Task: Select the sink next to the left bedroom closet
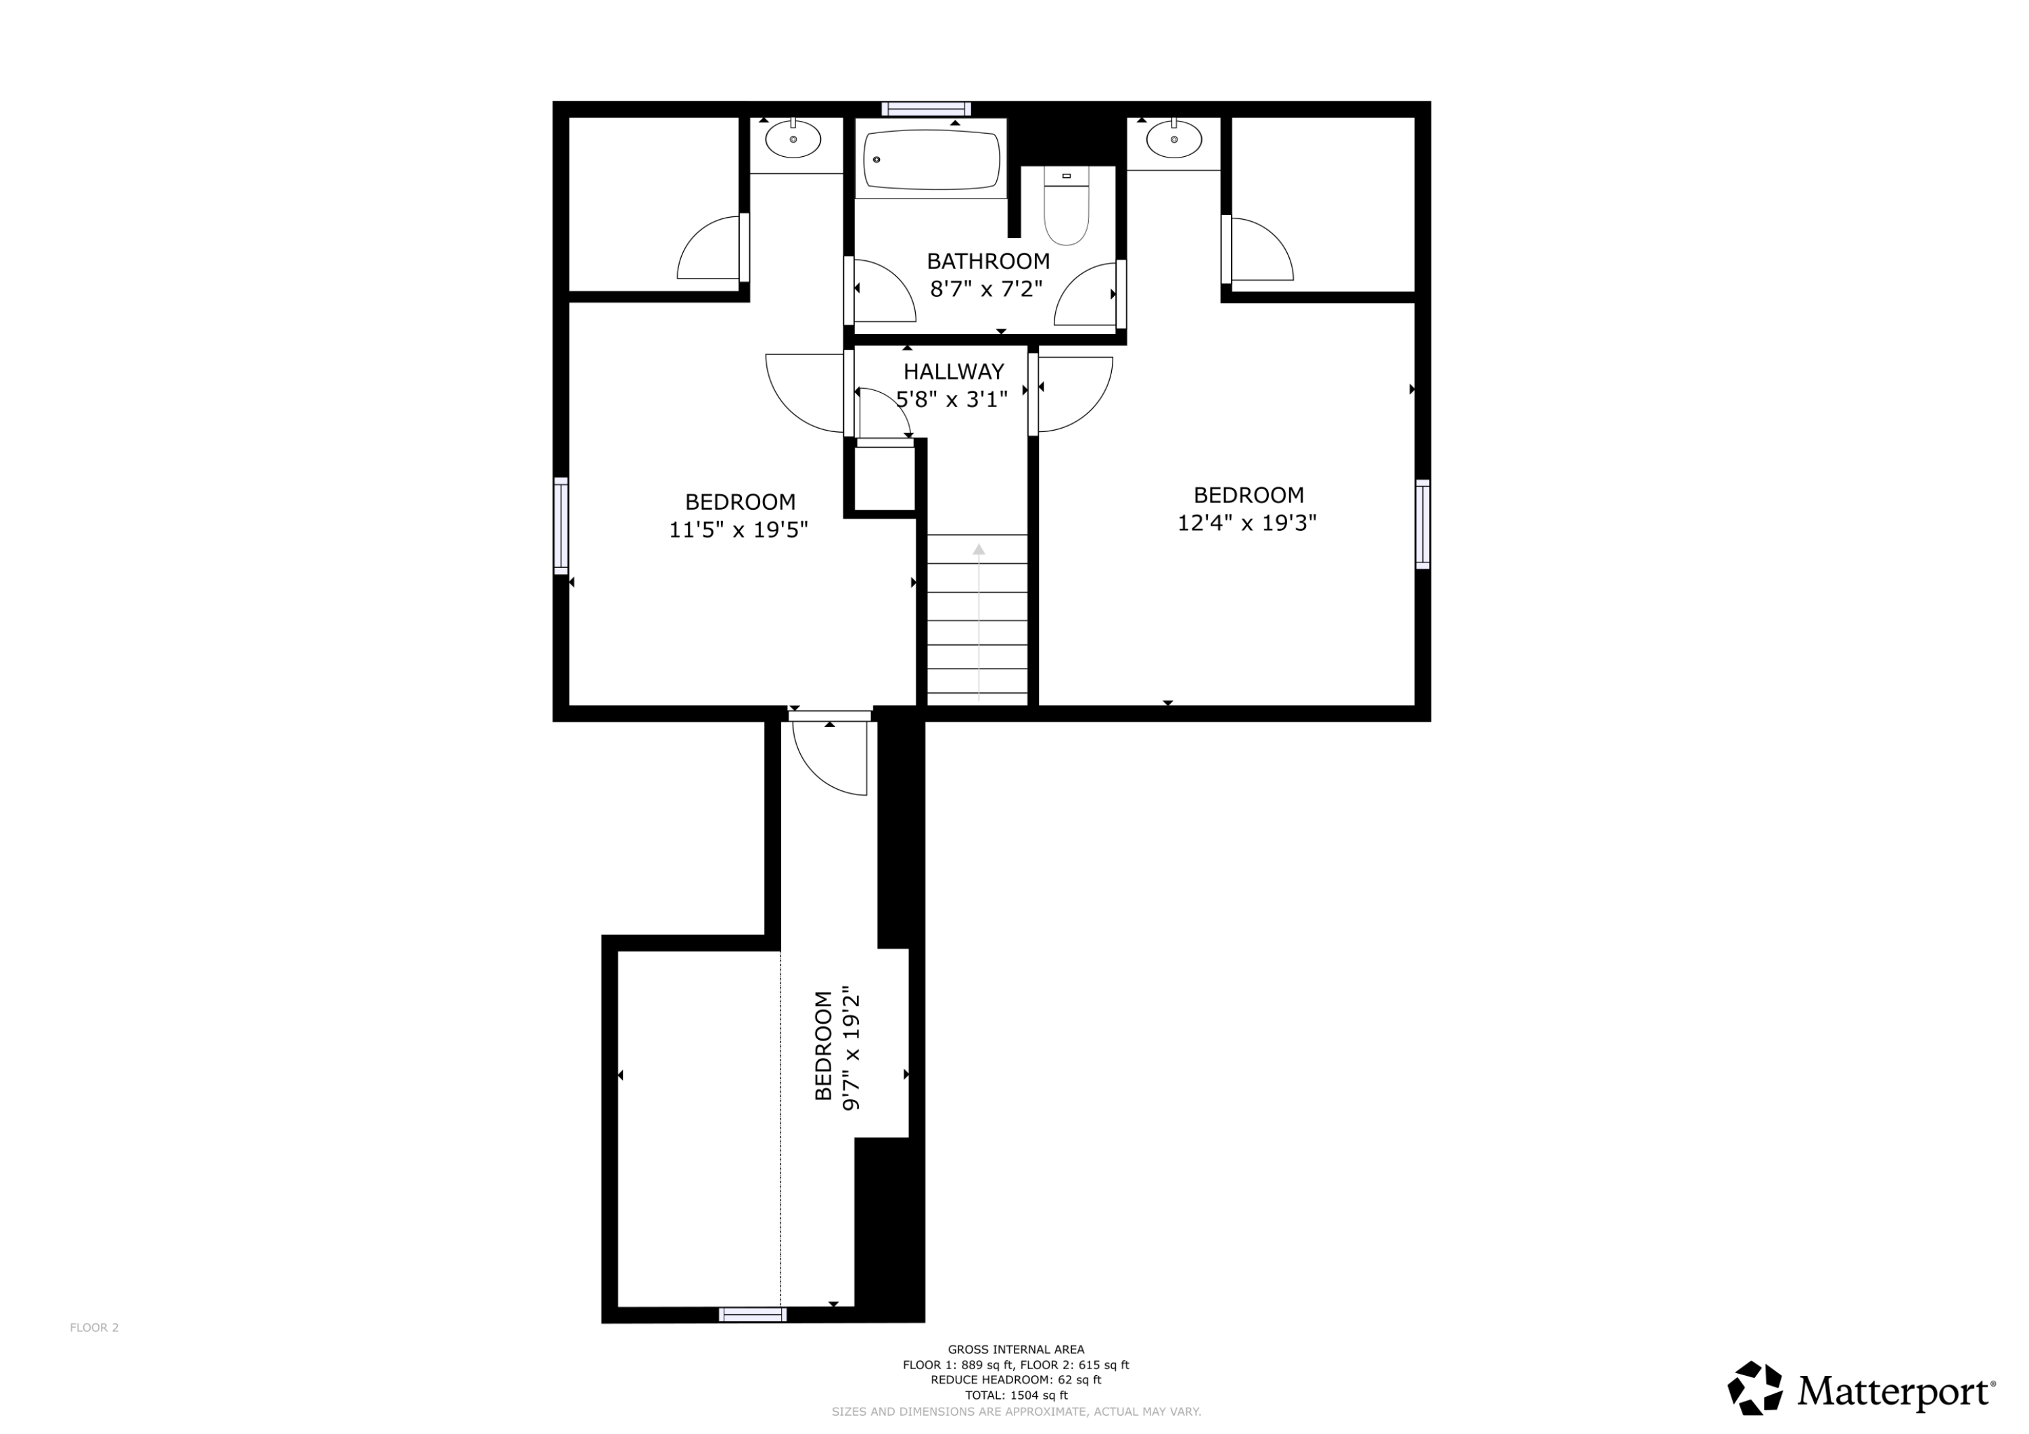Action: (x=793, y=139)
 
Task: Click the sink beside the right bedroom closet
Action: (x=1173, y=139)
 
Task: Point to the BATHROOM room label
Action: (x=988, y=261)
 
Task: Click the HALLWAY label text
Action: (x=953, y=371)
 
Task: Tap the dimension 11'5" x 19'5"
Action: (x=738, y=530)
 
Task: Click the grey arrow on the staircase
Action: (x=978, y=619)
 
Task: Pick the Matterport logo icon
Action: (x=1755, y=1388)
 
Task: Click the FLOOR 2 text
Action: (x=94, y=1327)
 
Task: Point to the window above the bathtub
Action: (x=925, y=109)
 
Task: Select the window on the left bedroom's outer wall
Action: (x=560, y=526)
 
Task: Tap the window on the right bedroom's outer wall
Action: (x=1422, y=524)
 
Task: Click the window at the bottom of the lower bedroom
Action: (x=752, y=1315)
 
